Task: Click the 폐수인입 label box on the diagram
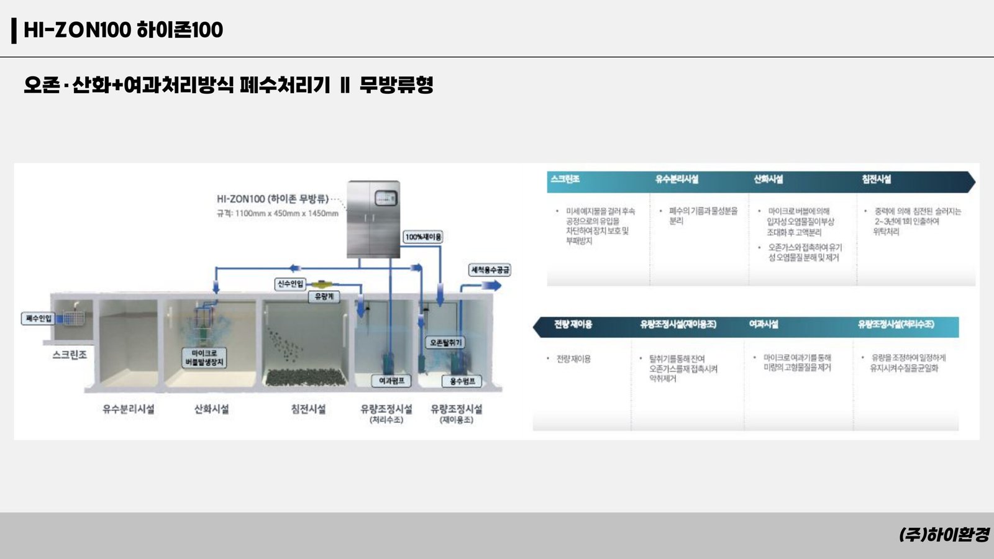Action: (39, 319)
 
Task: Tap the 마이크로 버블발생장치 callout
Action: (204, 358)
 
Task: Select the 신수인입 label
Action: (290, 284)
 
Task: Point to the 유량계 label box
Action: (324, 297)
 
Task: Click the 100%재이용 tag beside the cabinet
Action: (423, 237)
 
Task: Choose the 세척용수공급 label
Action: (490, 270)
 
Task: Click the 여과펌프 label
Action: (391, 381)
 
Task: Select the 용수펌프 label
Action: (462, 381)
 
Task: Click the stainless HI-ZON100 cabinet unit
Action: (373, 219)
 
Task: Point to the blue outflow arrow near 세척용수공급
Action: (491, 286)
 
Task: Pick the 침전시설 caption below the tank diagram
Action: (308, 409)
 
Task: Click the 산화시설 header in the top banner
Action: (768, 180)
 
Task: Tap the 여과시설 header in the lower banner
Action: (764, 324)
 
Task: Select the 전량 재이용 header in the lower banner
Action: (573, 324)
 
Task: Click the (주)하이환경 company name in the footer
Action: (944, 535)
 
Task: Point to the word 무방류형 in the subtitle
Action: (396, 85)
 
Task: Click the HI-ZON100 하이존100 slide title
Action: (123, 30)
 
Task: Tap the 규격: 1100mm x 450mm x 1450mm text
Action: (278, 214)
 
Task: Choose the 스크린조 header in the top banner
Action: (565, 180)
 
